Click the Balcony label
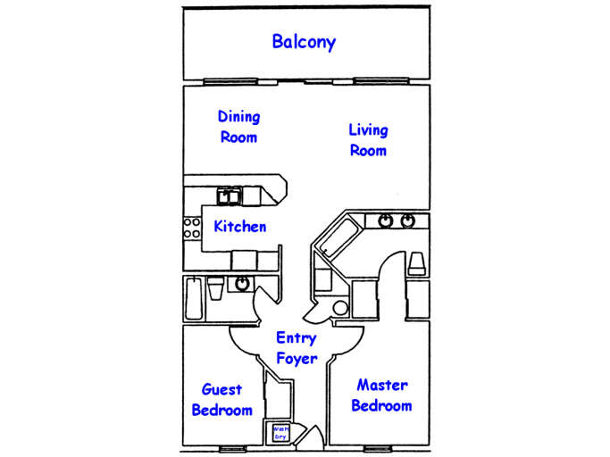304,42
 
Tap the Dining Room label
238,127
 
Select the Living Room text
368,140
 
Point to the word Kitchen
239,226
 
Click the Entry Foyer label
297,348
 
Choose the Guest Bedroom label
221,400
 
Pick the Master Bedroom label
381,395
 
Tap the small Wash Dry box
281,432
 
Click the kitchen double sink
229,195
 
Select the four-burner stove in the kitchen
191,228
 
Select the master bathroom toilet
416,262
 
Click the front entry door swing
311,436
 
